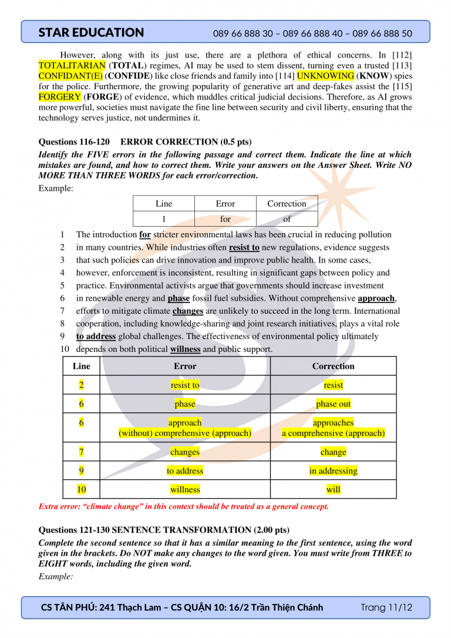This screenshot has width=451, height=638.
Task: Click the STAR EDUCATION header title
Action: pyautogui.click(x=91, y=33)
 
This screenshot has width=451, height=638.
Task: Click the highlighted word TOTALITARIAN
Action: pyautogui.click(x=72, y=65)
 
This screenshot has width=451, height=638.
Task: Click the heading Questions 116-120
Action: pyautogui.click(x=75, y=142)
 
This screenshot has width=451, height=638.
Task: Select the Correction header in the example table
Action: pyautogui.click(x=287, y=204)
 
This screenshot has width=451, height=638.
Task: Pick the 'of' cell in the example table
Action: pyautogui.click(x=287, y=219)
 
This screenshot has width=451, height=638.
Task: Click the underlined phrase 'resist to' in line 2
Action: pyautogui.click(x=244, y=248)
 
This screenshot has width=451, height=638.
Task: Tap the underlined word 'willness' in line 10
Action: pyautogui.click(x=185, y=349)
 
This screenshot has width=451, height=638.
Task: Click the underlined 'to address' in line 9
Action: pyautogui.click(x=96, y=337)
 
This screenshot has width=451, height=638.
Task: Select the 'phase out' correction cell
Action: pyautogui.click(x=333, y=404)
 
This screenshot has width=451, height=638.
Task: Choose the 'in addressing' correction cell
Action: pyautogui.click(x=333, y=471)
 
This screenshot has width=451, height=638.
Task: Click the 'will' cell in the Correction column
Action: pyautogui.click(x=333, y=489)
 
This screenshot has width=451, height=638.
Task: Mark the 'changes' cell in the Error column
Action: pyautogui.click(x=185, y=452)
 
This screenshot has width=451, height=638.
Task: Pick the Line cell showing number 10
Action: pyautogui.click(x=82, y=489)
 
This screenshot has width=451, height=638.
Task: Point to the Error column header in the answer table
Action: pyautogui.click(x=185, y=366)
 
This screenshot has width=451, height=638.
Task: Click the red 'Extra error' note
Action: pyautogui.click(x=183, y=506)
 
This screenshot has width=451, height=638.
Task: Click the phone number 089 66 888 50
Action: pyautogui.click(x=382, y=33)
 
